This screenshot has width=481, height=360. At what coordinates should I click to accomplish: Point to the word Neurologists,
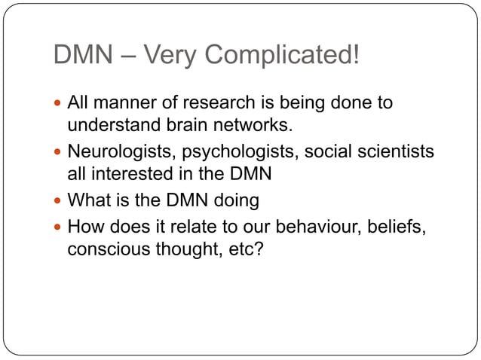(x=118, y=152)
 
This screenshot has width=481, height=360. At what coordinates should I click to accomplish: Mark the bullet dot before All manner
(x=58, y=103)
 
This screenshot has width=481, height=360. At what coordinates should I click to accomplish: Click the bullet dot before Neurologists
(x=58, y=153)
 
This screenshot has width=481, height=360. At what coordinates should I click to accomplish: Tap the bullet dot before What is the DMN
(x=58, y=202)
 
